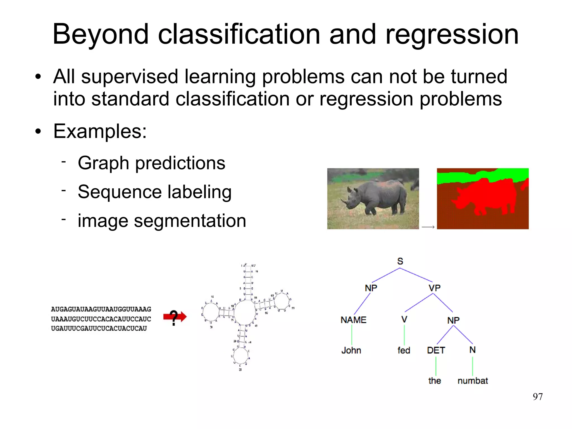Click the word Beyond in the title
[101, 35]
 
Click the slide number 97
[538, 397]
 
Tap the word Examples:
[100, 131]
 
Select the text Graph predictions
[151, 163]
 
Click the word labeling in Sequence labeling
[199, 192]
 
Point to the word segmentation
[190, 221]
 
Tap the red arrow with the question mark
[175, 317]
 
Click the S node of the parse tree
[400, 261]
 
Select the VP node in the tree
[435, 288]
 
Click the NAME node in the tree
[353, 320]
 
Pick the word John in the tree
[351, 350]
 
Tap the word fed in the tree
[404, 350]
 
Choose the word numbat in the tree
[473, 381]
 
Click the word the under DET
[434, 381]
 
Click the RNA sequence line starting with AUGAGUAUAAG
[101, 309]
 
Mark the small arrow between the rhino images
[428, 227]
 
